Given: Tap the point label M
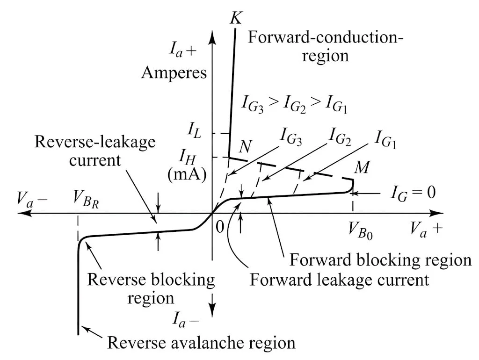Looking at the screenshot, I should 361,168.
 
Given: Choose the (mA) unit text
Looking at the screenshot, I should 187,175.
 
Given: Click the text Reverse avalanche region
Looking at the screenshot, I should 201,343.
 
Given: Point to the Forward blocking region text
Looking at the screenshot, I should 381,259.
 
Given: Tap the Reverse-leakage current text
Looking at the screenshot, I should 95,151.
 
